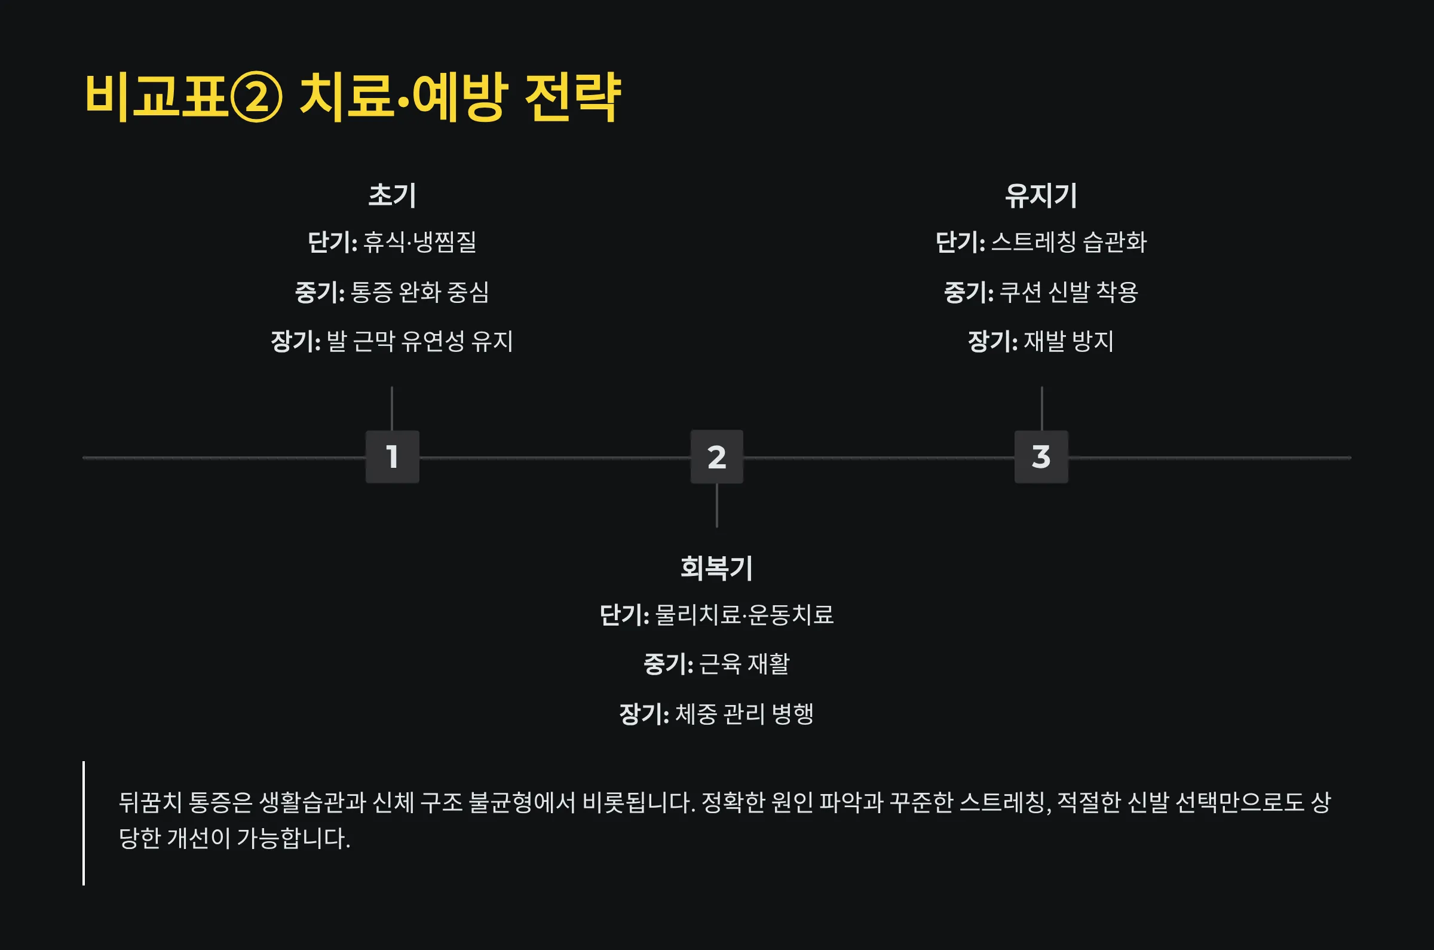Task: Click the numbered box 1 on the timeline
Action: pos(392,457)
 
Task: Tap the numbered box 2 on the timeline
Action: pos(716,457)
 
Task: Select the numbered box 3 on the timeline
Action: pos(1041,457)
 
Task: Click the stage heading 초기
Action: pos(392,196)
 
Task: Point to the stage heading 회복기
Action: pos(716,568)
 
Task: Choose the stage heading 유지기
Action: pos(1041,196)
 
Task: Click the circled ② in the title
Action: pos(256,97)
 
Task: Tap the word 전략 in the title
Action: pos(572,97)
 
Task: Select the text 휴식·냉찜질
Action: pos(419,243)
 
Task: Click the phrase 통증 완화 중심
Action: pos(420,292)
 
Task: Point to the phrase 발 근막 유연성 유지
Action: pos(420,341)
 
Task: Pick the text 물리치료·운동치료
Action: pos(744,615)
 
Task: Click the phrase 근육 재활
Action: pos(744,664)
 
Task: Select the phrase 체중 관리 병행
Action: pos(744,714)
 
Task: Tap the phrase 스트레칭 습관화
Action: pos(1069,243)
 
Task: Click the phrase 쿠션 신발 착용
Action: pos(1069,292)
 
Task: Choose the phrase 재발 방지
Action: pos(1069,341)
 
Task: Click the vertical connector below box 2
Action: pos(716,505)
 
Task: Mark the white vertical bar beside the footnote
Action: pos(84,823)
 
